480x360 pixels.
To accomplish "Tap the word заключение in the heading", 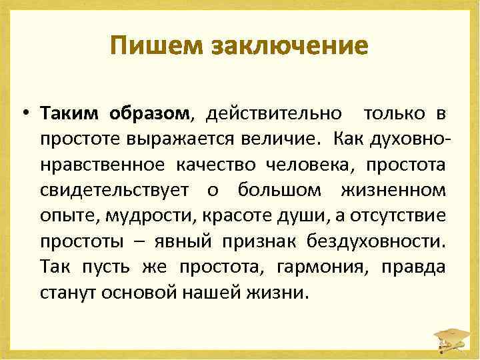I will [x=289, y=46].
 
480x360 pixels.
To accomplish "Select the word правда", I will [x=413, y=267].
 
